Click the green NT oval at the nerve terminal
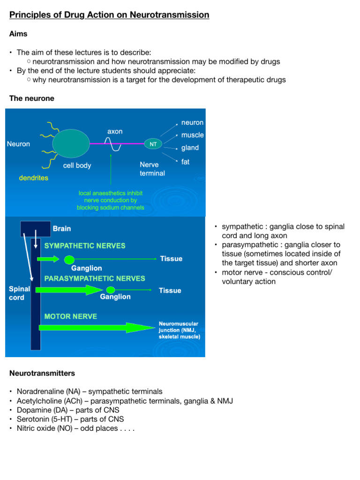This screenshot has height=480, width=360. tap(153, 144)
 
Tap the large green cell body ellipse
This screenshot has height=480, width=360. tap(71, 143)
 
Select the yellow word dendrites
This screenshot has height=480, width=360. tap(33, 178)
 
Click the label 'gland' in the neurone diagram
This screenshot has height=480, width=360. tap(190, 148)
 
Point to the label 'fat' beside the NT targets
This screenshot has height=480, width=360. tap(186, 162)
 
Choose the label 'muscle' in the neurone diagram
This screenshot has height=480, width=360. tap(192, 135)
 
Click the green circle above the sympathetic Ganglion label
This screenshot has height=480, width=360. tap(69, 259)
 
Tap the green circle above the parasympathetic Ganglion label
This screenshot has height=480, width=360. tap(111, 290)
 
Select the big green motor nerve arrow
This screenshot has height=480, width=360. tap(89, 328)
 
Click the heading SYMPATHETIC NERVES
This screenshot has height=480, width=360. tap(85, 246)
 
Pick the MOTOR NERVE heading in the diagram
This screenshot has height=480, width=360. tap(71, 316)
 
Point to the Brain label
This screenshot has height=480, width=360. tap(62, 229)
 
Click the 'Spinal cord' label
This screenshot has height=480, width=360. tap(19, 293)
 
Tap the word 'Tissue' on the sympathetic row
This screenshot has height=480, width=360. tap(171, 259)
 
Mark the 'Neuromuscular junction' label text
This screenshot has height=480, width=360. tap(179, 330)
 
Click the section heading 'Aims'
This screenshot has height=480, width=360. tap(18, 34)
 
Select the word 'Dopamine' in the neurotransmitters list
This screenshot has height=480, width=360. tap(34, 410)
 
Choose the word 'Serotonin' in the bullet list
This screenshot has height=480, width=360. tap(33, 420)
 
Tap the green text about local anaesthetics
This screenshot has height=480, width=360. tap(111, 200)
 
